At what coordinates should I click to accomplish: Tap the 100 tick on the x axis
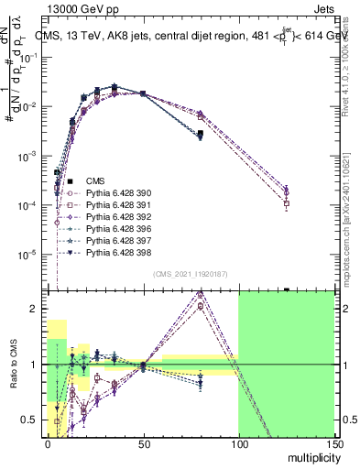238,442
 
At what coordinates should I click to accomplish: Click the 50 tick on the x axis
142,442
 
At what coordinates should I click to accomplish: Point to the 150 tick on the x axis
333,442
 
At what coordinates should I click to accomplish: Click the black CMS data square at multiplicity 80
200,135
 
